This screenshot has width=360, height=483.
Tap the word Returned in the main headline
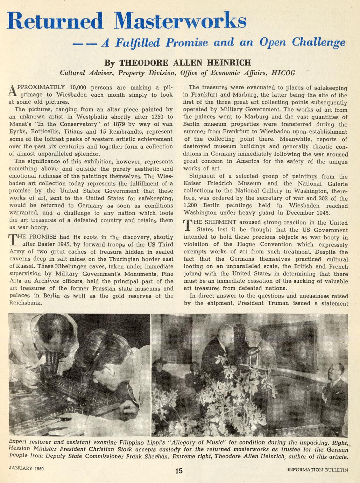[55, 21]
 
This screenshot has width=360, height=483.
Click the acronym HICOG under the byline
[283, 73]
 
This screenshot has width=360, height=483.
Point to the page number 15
[179, 471]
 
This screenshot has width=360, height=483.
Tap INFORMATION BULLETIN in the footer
[317, 470]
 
